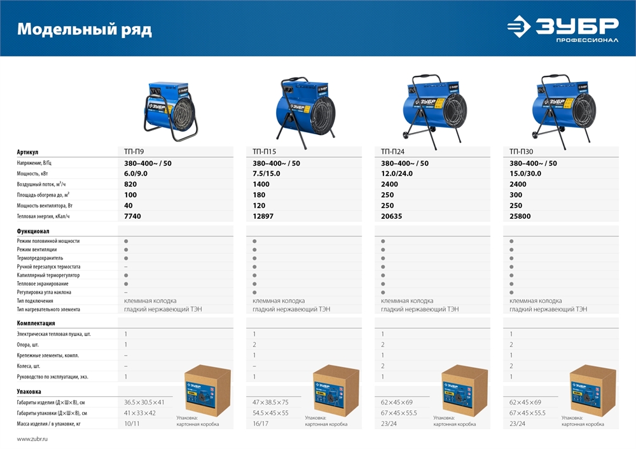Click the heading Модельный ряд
click(x=84, y=30)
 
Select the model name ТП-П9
click(x=134, y=152)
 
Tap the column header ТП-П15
click(x=264, y=152)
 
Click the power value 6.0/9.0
click(x=136, y=174)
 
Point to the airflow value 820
click(x=130, y=184)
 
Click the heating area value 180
click(x=259, y=195)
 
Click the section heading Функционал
click(x=33, y=231)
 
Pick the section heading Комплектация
click(x=36, y=323)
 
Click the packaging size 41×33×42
click(x=139, y=413)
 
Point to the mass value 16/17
click(x=261, y=424)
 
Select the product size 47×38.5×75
click(x=270, y=403)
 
